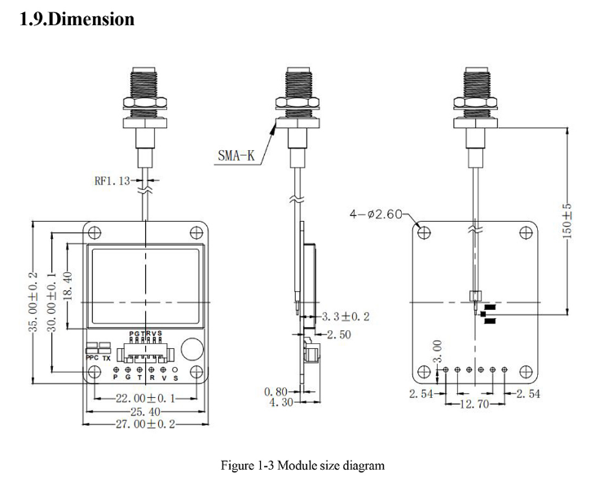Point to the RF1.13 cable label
(x=113, y=181)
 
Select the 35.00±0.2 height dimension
(x=34, y=301)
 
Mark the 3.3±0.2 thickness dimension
(x=346, y=316)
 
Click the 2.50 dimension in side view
(x=341, y=334)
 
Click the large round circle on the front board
(x=190, y=348)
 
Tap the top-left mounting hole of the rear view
(x=425, y=232)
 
